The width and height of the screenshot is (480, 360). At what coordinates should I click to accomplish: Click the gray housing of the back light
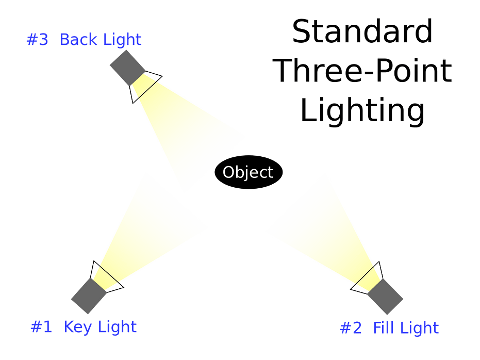tap(127, 67)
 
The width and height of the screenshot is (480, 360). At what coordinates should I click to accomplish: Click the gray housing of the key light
tap(89, 297)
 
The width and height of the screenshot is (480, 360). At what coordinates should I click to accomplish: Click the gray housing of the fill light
tap(386, 297)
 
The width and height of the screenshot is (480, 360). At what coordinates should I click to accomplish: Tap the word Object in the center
tap(247, 173)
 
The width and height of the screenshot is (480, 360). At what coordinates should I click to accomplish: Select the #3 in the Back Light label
tap(37, 40)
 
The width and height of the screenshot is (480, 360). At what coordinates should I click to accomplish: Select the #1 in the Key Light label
tap(41, 327)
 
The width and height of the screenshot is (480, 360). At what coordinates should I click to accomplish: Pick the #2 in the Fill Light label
tap(351, 328)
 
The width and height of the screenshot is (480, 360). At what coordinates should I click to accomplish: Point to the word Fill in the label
tap(383, 328)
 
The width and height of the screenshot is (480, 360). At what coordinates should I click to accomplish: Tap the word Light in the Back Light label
tap(122, 40)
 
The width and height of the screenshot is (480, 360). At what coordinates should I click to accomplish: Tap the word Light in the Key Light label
tap(117, 327)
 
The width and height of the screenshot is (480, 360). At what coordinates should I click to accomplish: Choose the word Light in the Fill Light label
tap(419, 328)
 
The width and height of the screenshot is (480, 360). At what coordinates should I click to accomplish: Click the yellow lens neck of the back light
tap(144, 85)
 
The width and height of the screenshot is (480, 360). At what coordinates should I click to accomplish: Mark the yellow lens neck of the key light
tap(105, 279)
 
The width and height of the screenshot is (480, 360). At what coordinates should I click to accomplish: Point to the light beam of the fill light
tap(322, 227)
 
